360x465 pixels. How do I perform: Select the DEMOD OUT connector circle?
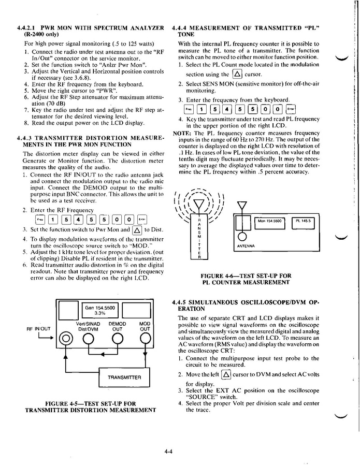pos(118,340)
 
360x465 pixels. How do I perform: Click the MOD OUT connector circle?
pos(145,340)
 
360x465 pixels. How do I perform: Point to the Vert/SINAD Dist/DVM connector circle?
pos(88,340)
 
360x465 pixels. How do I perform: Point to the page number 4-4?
pos(168,452)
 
